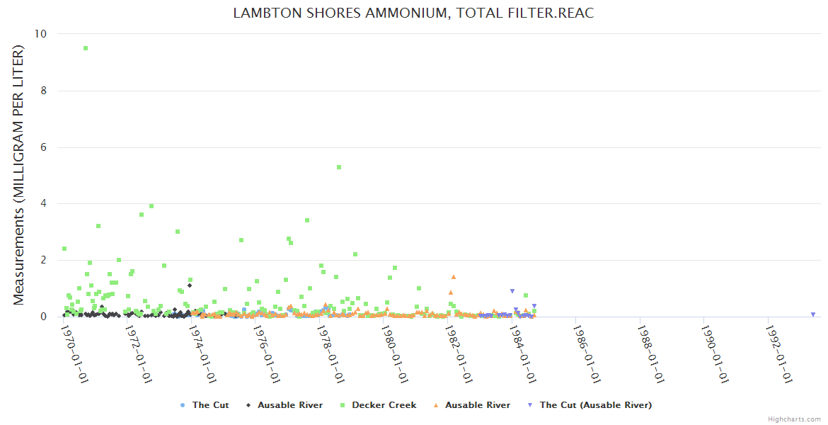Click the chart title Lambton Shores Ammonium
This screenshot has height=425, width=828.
pyautogui.click(x=413, y=13)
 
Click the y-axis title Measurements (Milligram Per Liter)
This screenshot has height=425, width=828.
pyautogui.click(x=18, y=175)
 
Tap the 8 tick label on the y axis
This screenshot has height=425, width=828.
pyautogui.click(x=44, y=91)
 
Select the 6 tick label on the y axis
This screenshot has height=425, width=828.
pyautogui.click(x=44, y=147)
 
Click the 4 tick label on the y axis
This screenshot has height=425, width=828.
pyautogui.click(x=44, y=204)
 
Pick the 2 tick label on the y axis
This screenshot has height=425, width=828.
pyautogui.click(x=44, y=260)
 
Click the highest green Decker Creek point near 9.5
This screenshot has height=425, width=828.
pyautogui.click(x=86, y=48)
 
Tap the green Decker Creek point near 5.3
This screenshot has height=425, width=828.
pyautogui.click(x=339, y=167)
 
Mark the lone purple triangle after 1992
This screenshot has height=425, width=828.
pyautogui.click(x=813, y=314)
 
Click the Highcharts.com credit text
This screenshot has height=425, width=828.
pyautogui.click(x=794, y=419)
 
